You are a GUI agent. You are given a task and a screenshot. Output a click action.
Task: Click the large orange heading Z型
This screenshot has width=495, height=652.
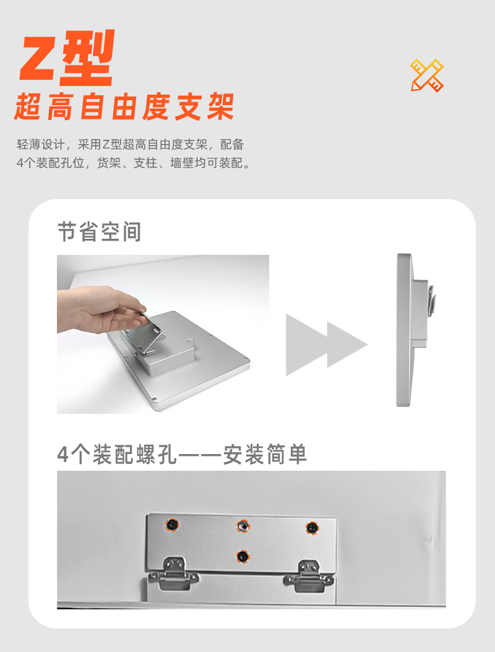tap(67, 58)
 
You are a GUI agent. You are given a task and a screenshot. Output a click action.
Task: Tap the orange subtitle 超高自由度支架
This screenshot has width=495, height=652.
tap(124, 107)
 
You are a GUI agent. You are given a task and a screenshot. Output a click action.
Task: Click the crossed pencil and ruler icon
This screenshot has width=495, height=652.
tap(427, 75)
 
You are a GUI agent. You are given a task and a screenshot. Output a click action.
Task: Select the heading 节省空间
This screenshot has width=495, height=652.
tap(99, 231)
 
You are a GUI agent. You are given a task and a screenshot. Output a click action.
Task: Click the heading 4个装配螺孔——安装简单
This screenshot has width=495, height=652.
tap(182, 454)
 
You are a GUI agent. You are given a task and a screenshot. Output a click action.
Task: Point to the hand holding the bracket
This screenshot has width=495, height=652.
tap(100, 310)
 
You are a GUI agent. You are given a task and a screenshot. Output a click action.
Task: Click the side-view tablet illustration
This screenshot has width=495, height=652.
tap(415, 330)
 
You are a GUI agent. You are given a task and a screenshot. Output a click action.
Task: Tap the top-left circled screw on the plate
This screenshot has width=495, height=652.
tap(172, 525)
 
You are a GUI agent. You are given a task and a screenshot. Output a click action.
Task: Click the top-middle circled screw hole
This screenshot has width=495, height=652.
tap(243, 526)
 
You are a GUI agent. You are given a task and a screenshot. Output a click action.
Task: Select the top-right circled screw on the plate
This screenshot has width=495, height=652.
tap(312, 528)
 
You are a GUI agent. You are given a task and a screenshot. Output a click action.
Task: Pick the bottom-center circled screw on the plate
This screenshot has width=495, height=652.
tap(243, 556)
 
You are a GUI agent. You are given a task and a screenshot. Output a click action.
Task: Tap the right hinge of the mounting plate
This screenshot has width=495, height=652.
tap(308, 577)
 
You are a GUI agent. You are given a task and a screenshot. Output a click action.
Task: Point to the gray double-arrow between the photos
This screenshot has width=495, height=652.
tap(327, 345)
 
